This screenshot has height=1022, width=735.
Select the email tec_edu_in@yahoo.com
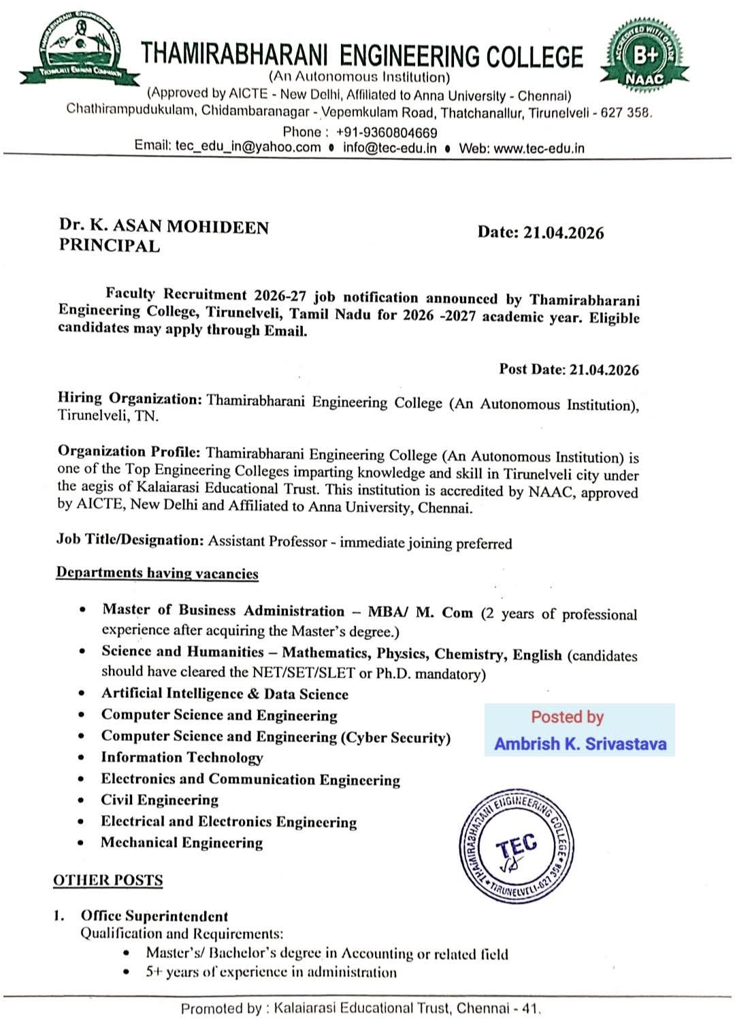tap(248, 146)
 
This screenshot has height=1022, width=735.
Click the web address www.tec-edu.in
tap(538, 148)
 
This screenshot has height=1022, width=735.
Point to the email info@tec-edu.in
tap(389, 148)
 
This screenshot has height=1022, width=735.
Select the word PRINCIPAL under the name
tap(109, 246)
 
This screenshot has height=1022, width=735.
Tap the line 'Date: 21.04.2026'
tap(540, 233)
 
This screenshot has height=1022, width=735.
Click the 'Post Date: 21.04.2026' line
tap(568, 370)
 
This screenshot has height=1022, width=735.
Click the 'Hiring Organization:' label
tap(129, 399)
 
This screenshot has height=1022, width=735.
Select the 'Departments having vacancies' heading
tap(157, 573)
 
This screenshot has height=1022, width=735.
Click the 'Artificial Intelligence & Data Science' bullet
tap(225, 694)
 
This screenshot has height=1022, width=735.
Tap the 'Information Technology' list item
tap(182, 757)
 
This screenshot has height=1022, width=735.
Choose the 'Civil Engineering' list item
tap(160, 800)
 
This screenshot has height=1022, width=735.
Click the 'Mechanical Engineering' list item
tap(182, 843)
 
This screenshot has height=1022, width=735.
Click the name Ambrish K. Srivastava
tap(580, 744)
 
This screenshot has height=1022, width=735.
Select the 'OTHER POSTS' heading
tap(108, 880)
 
